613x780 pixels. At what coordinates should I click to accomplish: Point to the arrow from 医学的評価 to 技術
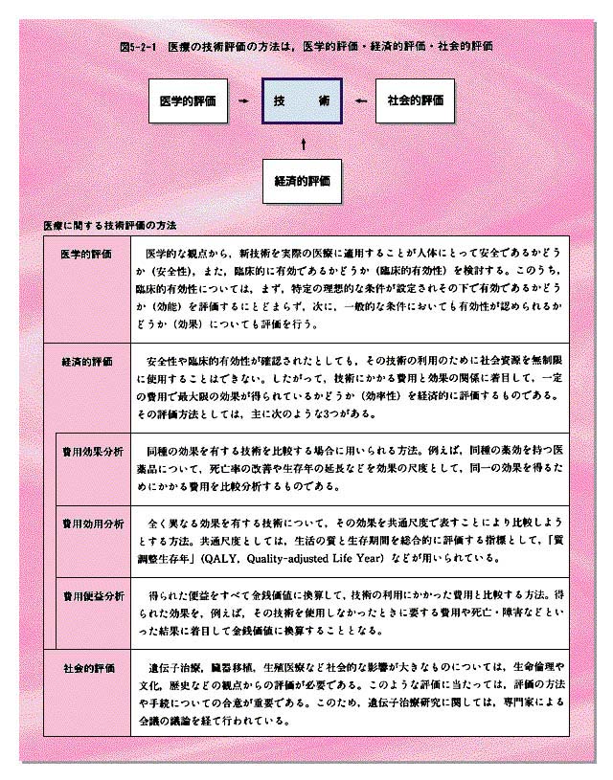[244, 100]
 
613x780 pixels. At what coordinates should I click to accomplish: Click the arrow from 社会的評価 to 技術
[359, 100]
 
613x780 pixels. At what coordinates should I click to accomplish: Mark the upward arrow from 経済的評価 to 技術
[303, 142]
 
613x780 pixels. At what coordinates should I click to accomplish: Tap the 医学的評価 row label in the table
[87, 256]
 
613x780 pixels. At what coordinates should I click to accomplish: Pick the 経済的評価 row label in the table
[87, 363]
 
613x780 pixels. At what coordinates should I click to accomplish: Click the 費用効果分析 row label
[93, 449]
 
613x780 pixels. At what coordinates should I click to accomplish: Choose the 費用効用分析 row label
[93, 524]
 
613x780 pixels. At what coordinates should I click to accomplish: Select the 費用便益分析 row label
[93, 594]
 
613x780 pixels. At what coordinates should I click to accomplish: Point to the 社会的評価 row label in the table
[89, 667]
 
